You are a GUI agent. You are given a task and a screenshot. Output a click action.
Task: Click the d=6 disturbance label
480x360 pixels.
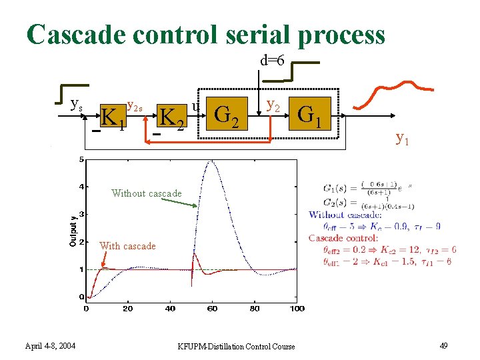tap(272, 61)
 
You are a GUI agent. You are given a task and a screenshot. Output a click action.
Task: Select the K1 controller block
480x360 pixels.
tap(113, 117)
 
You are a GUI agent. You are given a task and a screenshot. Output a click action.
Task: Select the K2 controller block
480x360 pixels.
tap(171, 117)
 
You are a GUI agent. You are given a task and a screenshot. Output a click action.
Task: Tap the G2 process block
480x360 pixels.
tap(229, 115)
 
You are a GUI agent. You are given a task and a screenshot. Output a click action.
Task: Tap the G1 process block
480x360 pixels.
tap(310, 115)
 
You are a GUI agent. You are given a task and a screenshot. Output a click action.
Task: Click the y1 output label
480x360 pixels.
tap(403, 138)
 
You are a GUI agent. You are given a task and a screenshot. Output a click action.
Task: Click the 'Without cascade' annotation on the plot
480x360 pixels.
tap(147, 193)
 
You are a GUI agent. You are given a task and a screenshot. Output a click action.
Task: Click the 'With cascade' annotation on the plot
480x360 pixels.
tap(127, 246)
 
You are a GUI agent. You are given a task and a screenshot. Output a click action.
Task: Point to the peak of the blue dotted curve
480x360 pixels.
tap(212, 161)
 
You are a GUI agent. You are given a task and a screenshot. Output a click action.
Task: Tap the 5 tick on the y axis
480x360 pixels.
tap(81, 160)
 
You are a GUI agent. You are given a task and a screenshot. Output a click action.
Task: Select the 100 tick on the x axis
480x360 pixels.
tap(297, 308)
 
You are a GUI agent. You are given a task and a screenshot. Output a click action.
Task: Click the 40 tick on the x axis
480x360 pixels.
tap(170, 308)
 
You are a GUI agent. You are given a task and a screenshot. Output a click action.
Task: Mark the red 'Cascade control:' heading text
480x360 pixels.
tap(343, 238)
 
